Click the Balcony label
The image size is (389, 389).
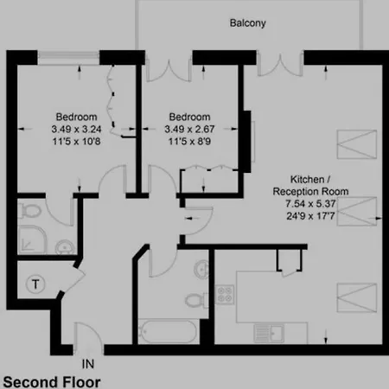[x=247, y=23]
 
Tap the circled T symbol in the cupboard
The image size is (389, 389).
[x=35, y=284]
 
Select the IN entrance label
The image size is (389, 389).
[x=88, y=364]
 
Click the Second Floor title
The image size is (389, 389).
[x=52, y=382]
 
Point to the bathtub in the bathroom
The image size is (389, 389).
[x=169, y=331]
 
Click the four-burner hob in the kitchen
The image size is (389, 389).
[x=225, y=294]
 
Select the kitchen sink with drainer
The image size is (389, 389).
[x=269, y=333]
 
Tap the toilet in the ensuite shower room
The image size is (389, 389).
[x=29, y=211]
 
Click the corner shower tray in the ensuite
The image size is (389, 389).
[x=31, y=240]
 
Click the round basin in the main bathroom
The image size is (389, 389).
[x=201, y=270]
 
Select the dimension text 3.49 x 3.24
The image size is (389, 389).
[x=76, y=129]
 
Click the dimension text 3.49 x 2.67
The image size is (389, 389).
[x=189, y=129]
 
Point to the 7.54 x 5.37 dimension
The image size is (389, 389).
[x=310, y=204]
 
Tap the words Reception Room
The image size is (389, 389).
[x=310, y=191]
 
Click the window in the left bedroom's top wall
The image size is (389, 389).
[x=68, y=58]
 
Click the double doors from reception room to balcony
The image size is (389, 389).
[x=280, y=64]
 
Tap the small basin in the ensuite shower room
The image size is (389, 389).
[x=65, y=247]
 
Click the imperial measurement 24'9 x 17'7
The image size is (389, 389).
[x=310, y=216]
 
